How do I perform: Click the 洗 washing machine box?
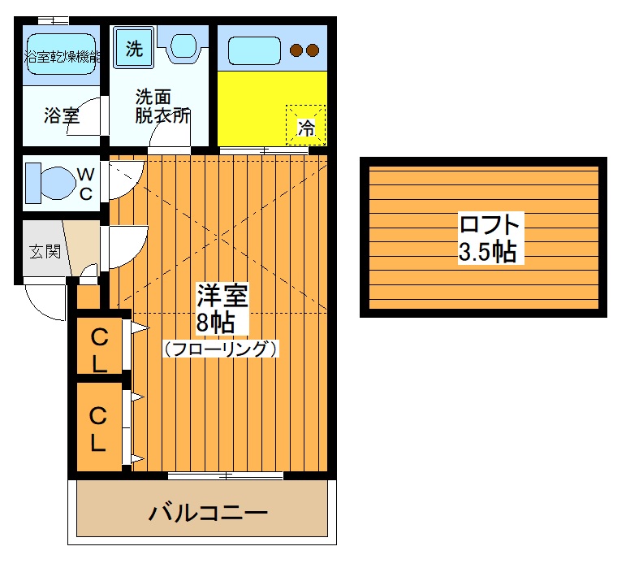tap(134, 47)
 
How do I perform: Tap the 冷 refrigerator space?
tap(306, 126)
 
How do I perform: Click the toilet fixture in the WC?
tap(47, 183)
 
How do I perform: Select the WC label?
tap(85, 183)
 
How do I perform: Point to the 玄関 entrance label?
tap(45, 251)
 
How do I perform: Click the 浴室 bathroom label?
tap(61, 115)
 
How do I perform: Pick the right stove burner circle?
tap(313, 50)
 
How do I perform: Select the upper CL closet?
tap(99, 348)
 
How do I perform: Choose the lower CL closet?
tap(98, 428)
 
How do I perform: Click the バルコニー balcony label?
tap(208, 514)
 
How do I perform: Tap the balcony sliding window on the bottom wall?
tap(226, 475)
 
